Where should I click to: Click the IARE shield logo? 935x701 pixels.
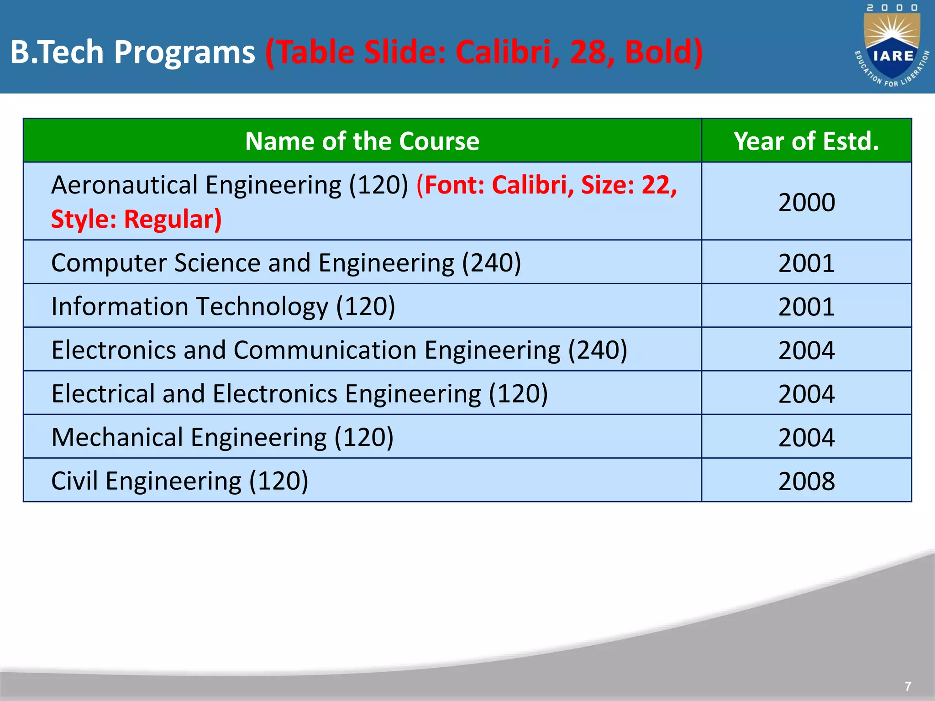coord(892,48)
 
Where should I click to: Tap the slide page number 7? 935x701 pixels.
coord(908,686)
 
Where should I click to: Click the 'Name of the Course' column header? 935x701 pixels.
coord(362,141)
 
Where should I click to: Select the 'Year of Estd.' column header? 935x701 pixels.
coord(806,141)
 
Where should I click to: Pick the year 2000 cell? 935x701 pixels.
coord(806,202)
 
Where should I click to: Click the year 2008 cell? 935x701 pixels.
coord(806,481)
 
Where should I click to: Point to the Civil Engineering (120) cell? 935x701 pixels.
coord(180,481)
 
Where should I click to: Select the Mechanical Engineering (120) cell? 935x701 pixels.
coord(222,437)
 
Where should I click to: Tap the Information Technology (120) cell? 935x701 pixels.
coord(223,306)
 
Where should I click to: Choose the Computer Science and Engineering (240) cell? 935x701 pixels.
coord(286,262)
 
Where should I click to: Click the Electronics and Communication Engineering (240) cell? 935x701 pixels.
coord(339,350)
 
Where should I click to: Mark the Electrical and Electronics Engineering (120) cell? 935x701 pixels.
coord(299,393)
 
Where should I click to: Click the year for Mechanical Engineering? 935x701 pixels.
coord(806,437)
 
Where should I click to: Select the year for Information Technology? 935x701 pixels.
coord(806,306)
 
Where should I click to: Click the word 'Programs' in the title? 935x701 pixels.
coord(184,52)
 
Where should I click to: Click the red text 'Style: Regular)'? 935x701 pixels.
coord(136,219)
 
